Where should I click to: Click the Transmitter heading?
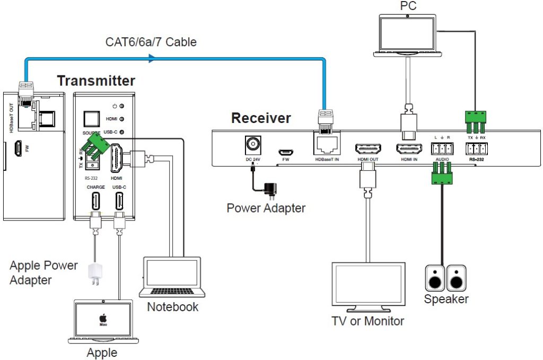95,81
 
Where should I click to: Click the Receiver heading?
261,118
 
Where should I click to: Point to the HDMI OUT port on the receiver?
365,148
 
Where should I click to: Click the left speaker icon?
435,278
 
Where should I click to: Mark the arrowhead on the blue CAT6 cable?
152,59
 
